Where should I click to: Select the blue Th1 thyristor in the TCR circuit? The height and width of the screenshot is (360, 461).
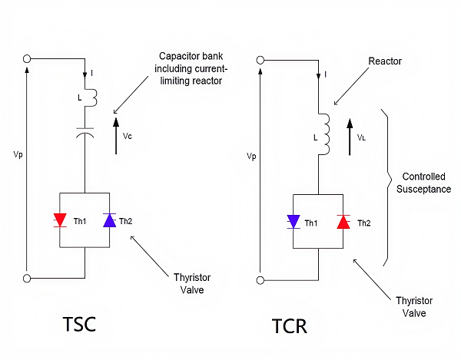[292, 222]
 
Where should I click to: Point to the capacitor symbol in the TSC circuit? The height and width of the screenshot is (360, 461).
[86, 132]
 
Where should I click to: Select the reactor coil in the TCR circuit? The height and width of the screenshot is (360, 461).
[323, 131]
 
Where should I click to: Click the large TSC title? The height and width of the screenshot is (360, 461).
[81, 323]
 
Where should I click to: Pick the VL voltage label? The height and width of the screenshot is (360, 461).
[361, 137]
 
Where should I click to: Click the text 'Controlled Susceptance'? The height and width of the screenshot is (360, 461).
[423, 181]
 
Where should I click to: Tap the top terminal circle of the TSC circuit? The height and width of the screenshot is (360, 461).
[27, 58]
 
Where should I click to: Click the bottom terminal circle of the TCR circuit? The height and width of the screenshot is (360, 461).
[261, 279]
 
